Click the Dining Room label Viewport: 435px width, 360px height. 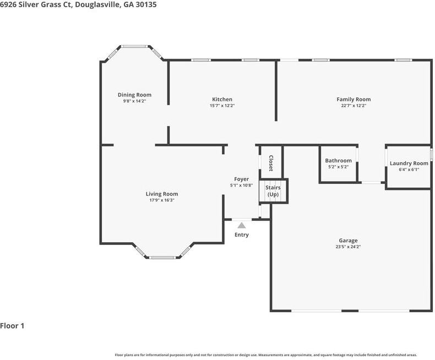[134, 95]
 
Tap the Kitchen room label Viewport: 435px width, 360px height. [222, 99]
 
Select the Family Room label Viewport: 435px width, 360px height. [354, 99]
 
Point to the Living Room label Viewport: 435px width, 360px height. [162, 194]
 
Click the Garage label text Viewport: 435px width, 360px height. [348, 241]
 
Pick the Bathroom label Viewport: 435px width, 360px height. [338, 161]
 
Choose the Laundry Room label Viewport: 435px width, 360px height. [409, 163]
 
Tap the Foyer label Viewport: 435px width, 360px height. [241, 179]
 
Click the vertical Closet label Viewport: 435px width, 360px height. [271, 163]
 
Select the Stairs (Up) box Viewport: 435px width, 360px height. [273, 191]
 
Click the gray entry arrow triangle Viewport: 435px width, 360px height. [241, 225]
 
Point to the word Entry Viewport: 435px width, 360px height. [242, 235]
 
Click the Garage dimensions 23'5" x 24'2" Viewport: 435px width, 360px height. [348, 247]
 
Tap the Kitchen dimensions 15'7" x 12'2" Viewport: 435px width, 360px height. [222, 106]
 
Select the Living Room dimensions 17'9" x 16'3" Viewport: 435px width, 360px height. [162, 200]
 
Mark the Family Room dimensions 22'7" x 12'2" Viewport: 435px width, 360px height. [354, 106]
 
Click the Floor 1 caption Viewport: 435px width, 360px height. [12, 326]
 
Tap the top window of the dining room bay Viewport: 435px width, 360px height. [134, 46]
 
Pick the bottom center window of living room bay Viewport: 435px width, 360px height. [162, 257]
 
